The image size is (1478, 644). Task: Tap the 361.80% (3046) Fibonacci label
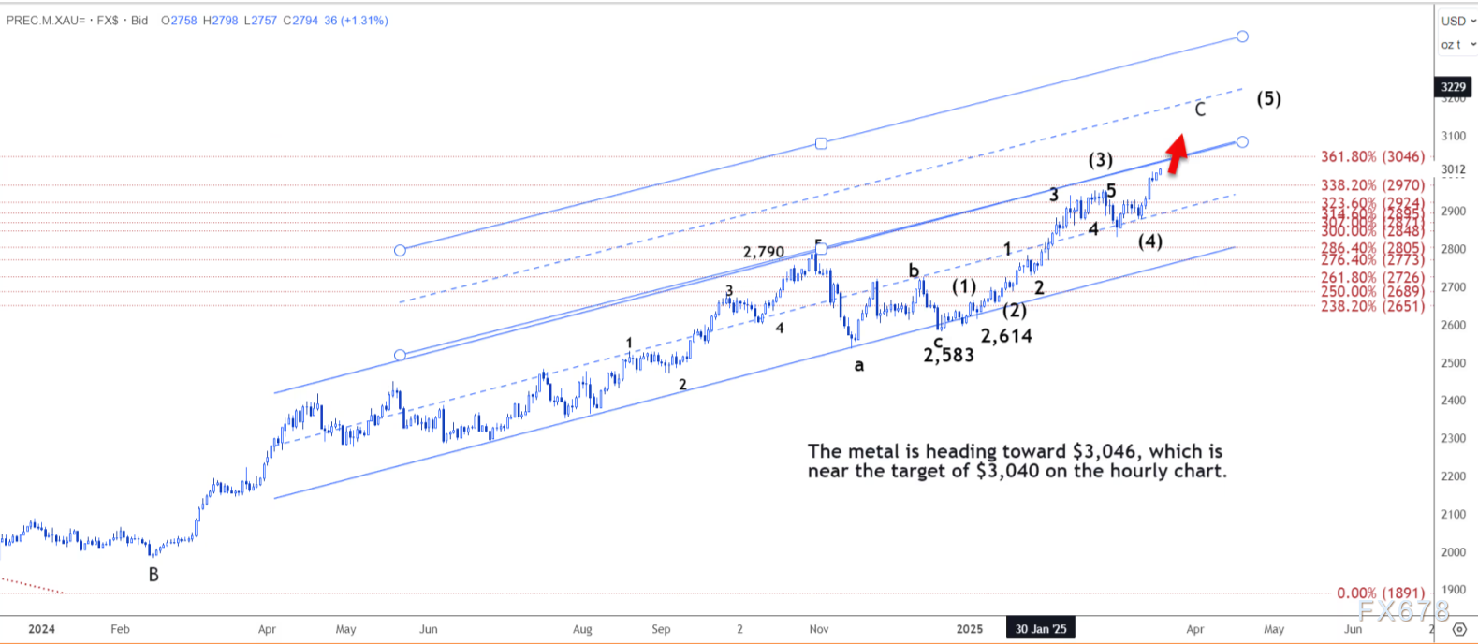[x=1372, y=157]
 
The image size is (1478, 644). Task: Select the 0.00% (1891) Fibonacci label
[x=1380, y=593]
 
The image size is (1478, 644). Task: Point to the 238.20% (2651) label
[x=1372, y=306]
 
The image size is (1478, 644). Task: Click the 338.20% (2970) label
[x=1372, y=185]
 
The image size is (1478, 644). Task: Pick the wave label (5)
[x=1268, y=98]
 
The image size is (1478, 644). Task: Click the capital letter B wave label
[x=154, y=575]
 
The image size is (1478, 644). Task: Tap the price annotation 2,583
[x=948, y=356]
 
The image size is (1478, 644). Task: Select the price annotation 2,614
[x=1006, y=336]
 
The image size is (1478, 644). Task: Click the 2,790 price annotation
[x=764, y=252]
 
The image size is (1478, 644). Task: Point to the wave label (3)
[x=1100, y=160]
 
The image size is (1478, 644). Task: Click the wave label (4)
[x=1149, y=241]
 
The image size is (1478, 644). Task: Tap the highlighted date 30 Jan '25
[x=1041, y=629]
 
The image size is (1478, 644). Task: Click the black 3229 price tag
[x=1453, y=87]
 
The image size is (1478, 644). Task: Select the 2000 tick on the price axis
[x=1453, y=552]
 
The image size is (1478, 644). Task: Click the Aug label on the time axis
[x=582, y=629]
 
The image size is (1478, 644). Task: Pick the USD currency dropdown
[x=1456, y=21]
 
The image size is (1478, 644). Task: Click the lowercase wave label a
[x=858, y=366]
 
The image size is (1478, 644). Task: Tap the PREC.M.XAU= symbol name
[x=45, y=21]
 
